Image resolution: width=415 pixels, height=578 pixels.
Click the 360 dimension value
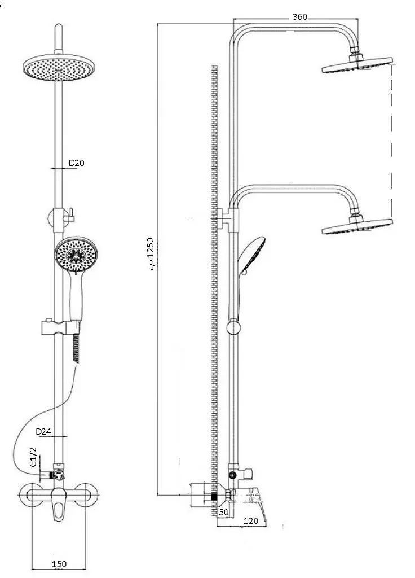click(x=300, y=16)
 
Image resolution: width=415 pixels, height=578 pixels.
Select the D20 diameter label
click(x=77, y=163)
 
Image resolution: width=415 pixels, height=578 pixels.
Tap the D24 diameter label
click(x=43, y=432)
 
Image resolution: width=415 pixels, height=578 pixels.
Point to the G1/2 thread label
click(x=33, y=457)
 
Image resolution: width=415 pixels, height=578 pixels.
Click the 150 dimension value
click(x=59, y=564)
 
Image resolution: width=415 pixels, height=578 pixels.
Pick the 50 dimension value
click(x=223, y=513)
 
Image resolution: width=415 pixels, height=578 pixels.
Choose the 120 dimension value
click(x=251, y=521)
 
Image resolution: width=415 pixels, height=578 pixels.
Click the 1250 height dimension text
click(x=151, y=254)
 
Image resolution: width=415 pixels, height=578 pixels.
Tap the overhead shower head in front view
click(x=59, y=68)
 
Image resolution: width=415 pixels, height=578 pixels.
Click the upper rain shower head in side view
click(x=357, y=64)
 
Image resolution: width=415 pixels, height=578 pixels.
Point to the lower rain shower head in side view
click(x=357, y=226)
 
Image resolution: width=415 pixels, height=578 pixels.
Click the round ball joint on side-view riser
click(x=233, y=327)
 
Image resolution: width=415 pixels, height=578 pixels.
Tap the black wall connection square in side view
click(x=214, y=496)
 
